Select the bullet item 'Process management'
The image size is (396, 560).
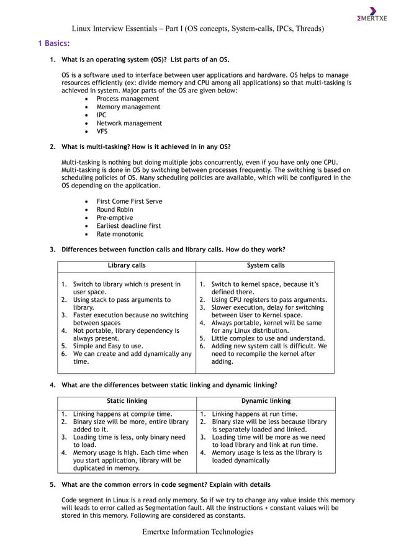[x=127, y=99]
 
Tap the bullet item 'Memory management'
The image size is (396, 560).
[x=128, y=107]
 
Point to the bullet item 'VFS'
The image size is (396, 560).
[x=102, y=131]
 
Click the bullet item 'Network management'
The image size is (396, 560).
[x=129, y=123]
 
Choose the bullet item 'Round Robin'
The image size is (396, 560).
[x=115, y=210]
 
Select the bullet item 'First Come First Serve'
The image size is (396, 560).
[x=129, y=202]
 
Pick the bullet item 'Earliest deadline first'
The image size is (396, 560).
[x=128, y=226]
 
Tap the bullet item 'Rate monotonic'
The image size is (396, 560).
[x=120, y=234]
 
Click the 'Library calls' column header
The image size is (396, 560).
[x=127, y=266]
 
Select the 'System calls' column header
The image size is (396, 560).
[x=266, y=266]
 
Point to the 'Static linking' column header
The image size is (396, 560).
[x=127, y=401]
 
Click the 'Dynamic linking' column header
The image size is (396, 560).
[x=266, y=401]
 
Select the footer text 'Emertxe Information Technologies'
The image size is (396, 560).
[x=197, y=531]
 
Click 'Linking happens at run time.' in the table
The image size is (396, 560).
[x=254, y=414]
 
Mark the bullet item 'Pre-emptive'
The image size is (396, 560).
[x=111, y=218]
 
